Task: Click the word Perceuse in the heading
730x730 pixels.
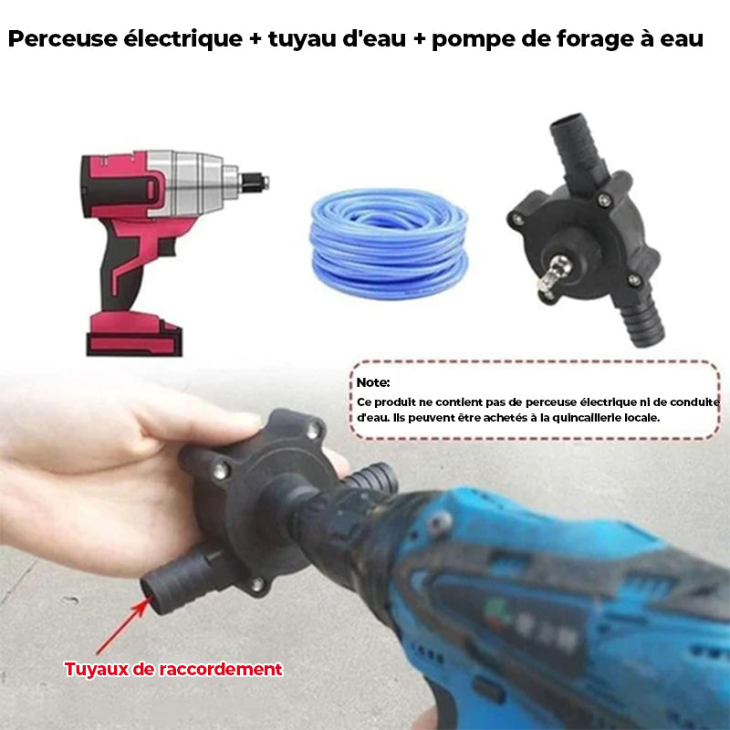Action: point(62,38)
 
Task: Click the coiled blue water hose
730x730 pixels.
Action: point(389,244)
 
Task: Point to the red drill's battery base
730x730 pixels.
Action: point(134,333)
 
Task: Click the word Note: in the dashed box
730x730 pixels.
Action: point(373,382)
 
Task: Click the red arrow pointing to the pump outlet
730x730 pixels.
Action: point(122,627)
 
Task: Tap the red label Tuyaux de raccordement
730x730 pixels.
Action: point(173,669)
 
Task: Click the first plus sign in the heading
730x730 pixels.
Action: point(255,38)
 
